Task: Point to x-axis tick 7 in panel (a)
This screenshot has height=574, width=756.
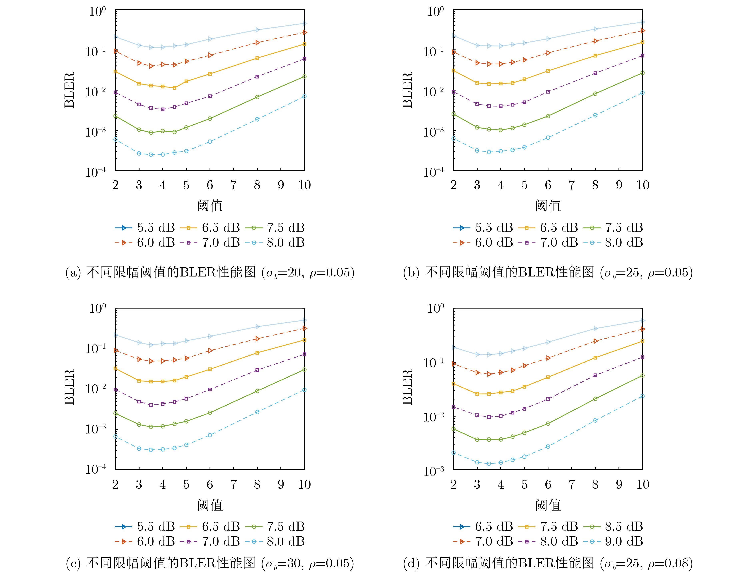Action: coord(233,185)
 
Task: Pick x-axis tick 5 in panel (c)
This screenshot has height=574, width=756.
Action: coord(186,484)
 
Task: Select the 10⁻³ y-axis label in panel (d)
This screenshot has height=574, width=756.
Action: coord(433,471)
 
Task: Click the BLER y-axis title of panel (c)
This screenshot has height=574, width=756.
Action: coord(69,387)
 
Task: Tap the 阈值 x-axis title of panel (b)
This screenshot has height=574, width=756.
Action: coord(548,206)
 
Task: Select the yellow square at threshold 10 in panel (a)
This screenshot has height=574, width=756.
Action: coord(304,44)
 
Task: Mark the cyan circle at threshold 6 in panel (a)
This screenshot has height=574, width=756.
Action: coord(210,142)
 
